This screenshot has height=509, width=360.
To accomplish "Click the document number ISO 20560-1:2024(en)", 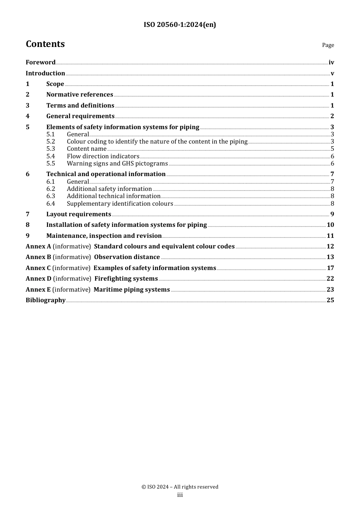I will (x=180, y=25).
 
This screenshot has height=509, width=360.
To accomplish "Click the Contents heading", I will (x=45, y=44).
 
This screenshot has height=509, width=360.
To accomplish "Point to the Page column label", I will (x=328, y=45).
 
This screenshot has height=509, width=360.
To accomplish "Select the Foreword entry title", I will (x=41, y=62).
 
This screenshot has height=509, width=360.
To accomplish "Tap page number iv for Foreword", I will (x=331, y=62).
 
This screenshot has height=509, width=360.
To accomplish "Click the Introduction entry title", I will (x=45, y=73).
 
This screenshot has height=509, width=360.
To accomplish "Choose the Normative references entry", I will (x=80, y=95).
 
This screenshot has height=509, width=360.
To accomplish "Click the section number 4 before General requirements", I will (x=28, y=116).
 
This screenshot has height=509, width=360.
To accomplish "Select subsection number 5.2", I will (x=51, y=142).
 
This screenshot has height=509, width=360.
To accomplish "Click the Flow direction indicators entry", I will (x=103, y=156).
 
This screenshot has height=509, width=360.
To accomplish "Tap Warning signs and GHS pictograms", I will (x=117, y=164).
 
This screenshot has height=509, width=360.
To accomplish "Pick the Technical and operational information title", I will (x=106, y=174).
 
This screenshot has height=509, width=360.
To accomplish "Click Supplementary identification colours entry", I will (x=120, y=204).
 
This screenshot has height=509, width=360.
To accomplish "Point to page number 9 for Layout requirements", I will (x=332, y=214).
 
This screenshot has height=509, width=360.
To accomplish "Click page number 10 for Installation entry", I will (x=330, y=225).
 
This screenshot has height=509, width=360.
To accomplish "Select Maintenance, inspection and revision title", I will (x=104, y=236).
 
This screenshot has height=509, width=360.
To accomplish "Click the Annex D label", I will (x=38, y=279).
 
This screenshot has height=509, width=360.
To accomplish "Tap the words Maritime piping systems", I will (x=131, y=290).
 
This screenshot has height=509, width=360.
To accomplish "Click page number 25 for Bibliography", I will (x=330, y=300).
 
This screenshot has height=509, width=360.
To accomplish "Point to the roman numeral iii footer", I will (x=180, y=495).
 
